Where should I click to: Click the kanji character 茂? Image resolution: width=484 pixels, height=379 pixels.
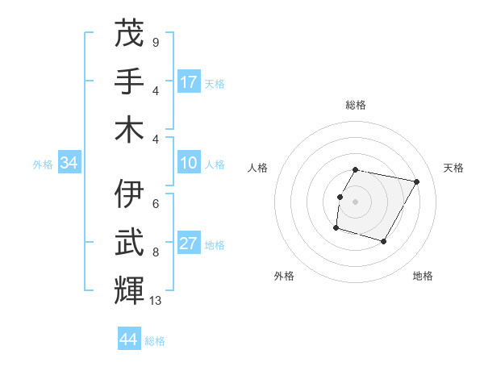129,33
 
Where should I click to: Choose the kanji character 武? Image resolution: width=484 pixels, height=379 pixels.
129,243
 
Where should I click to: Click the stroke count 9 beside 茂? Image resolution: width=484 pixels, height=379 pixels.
156,42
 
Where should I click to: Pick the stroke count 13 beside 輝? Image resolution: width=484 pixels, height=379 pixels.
156,301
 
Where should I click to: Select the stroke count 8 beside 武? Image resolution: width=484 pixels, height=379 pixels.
156,252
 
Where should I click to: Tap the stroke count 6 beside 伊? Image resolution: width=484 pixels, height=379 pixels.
156,205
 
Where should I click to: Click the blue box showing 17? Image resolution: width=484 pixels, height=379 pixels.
189,81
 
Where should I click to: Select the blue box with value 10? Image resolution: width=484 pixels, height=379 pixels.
189,163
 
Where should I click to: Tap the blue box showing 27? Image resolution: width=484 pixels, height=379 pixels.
189,244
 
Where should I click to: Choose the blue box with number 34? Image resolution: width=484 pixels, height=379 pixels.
69,163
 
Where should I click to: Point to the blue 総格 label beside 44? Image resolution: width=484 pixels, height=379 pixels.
155,341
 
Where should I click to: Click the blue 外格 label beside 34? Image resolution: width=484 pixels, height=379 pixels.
43,165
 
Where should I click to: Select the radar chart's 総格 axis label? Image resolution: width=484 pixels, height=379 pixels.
356,106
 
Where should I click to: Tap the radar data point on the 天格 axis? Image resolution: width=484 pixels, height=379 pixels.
416,181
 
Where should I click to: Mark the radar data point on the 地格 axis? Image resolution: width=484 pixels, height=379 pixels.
384,242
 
